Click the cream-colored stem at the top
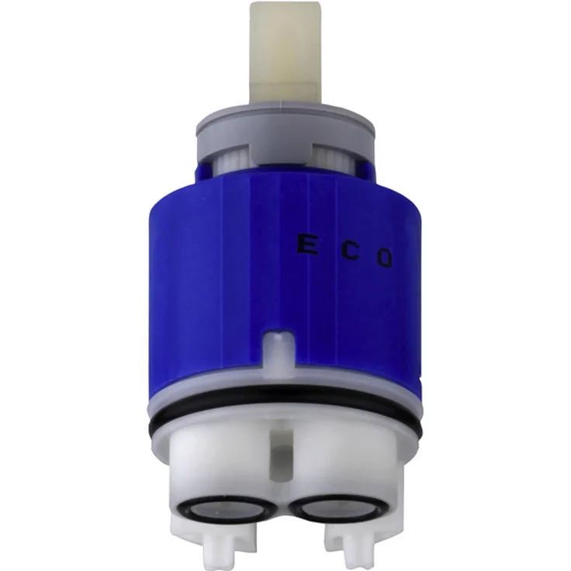tap(285, 53)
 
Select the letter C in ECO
tap(352, 251)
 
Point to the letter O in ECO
tap(385, 259)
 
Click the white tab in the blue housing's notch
tap(279, 351)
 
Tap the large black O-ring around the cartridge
tap(285, 408)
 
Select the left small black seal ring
tap(221, 507)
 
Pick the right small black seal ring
tap(340, 507)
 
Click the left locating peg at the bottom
tap(217, 549)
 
